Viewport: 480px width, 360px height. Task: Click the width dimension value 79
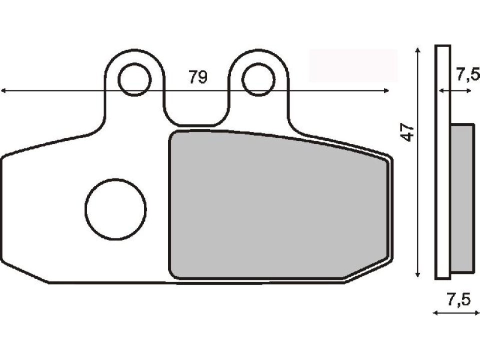tap(198, 77)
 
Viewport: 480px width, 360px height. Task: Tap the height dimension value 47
tap(408, 132)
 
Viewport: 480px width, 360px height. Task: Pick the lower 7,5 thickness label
tap(458, 299)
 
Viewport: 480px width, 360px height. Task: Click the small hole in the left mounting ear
tap(134, 79)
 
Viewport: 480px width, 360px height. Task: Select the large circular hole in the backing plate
tap(116, 208)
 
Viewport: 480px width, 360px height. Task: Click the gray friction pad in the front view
tap(277, 205)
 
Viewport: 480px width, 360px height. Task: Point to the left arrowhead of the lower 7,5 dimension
tap(434, 313)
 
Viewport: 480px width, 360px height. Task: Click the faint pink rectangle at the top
tap(353, 65)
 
